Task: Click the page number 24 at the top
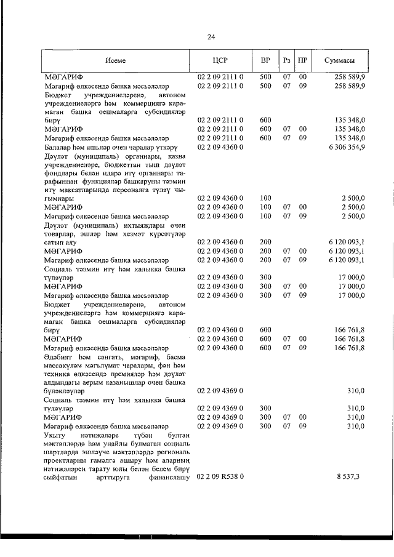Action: coord(211,37)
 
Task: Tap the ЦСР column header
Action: coord(220,60)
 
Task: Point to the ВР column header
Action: coord(265,60)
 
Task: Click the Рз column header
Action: coord(287,60)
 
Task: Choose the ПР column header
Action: coord(302,60)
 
